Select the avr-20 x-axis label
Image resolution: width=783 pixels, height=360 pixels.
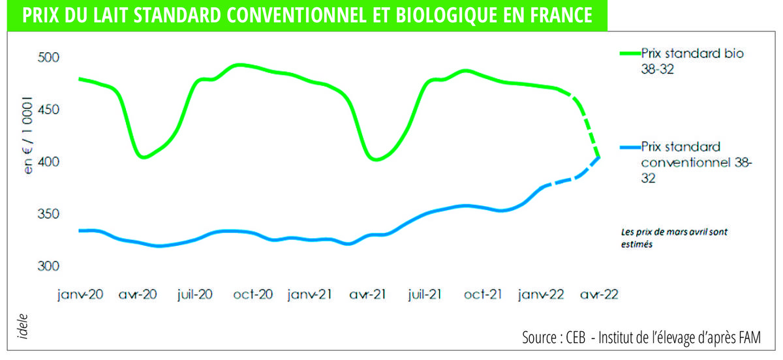tap(138, 294)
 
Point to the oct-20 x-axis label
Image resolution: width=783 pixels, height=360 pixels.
tap(253, 294)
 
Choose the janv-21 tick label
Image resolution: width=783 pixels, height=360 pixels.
tap(310, 294)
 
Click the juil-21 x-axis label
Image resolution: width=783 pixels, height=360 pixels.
tap(425, 294)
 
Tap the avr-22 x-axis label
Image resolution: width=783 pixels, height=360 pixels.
tap(597, 294)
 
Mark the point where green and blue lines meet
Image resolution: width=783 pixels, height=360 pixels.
tap(598, 157)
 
